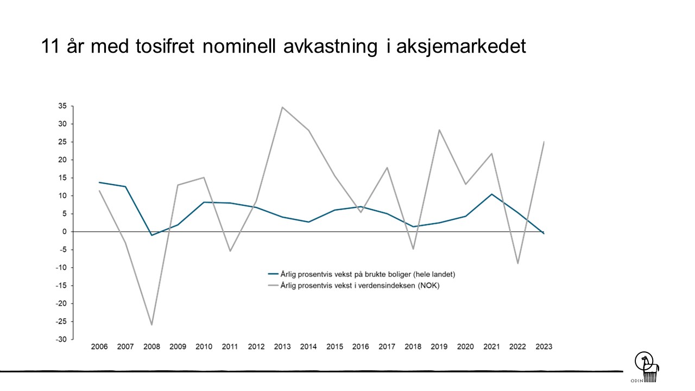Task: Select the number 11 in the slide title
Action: click(x=50, y=47)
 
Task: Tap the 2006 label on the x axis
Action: click(x=99, y=346)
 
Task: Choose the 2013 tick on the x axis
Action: click(x=282, y=346)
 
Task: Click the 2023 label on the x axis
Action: click(x=544, y=346)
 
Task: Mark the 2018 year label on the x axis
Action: click(x=413, y=346)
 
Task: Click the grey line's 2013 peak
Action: click(x=282, y=107)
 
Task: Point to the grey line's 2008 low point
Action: click(x=151, y=325)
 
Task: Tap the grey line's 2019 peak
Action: click(x=439, y=130)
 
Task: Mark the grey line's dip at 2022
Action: click(x=517, y=263)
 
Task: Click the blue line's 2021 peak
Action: click(x=491, y=194)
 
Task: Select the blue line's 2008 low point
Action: click(x=151, y=235)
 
